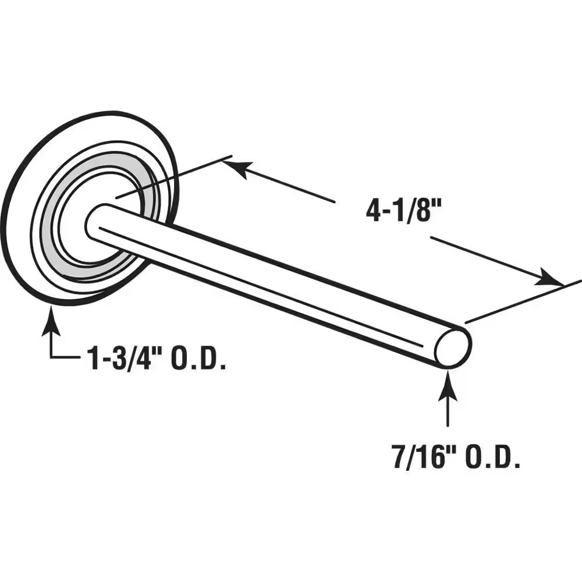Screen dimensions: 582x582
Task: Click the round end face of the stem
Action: pyautogui.click(x=453, y=347)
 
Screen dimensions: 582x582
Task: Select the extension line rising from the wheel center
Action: pyautogui.click(x=175, y=178)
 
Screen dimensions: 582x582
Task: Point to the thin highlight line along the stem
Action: pyautogui.click(x=262, y=285)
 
